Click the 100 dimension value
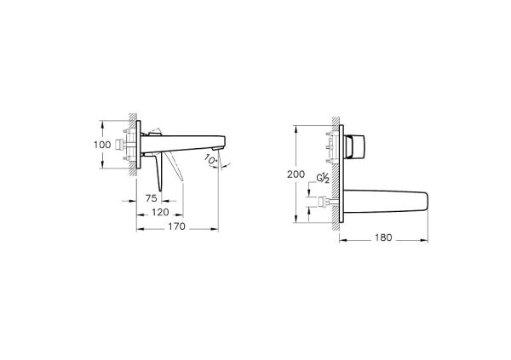(x=100, y=146)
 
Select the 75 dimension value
(x=151, y=197)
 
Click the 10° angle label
(x=209, y=159)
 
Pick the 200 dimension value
(x=295, y=174)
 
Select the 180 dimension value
(x=383, y=238)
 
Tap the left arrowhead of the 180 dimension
(x=342, y=238)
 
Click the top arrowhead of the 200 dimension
(x=295, y=129)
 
